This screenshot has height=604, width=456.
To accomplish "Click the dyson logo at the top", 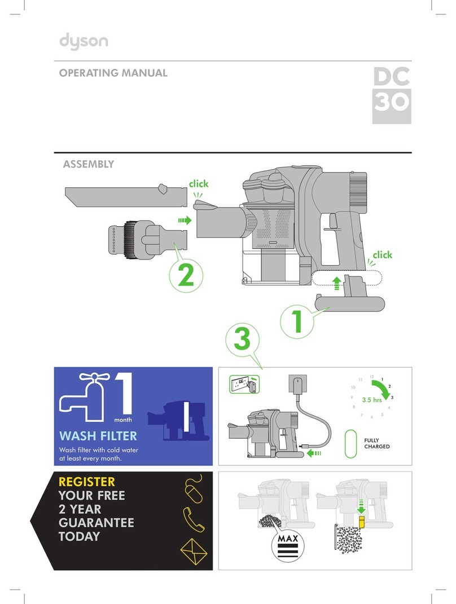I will [x=84, y=43].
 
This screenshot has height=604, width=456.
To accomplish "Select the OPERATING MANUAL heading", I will [x=113, y=73].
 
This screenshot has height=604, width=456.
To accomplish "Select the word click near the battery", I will [x=382, y=255].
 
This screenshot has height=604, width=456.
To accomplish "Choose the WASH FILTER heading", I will [x=98, y=437].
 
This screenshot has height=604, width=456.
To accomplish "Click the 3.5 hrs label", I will [x=372, y=400].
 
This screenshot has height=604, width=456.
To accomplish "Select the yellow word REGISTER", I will [x=86, y=482].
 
